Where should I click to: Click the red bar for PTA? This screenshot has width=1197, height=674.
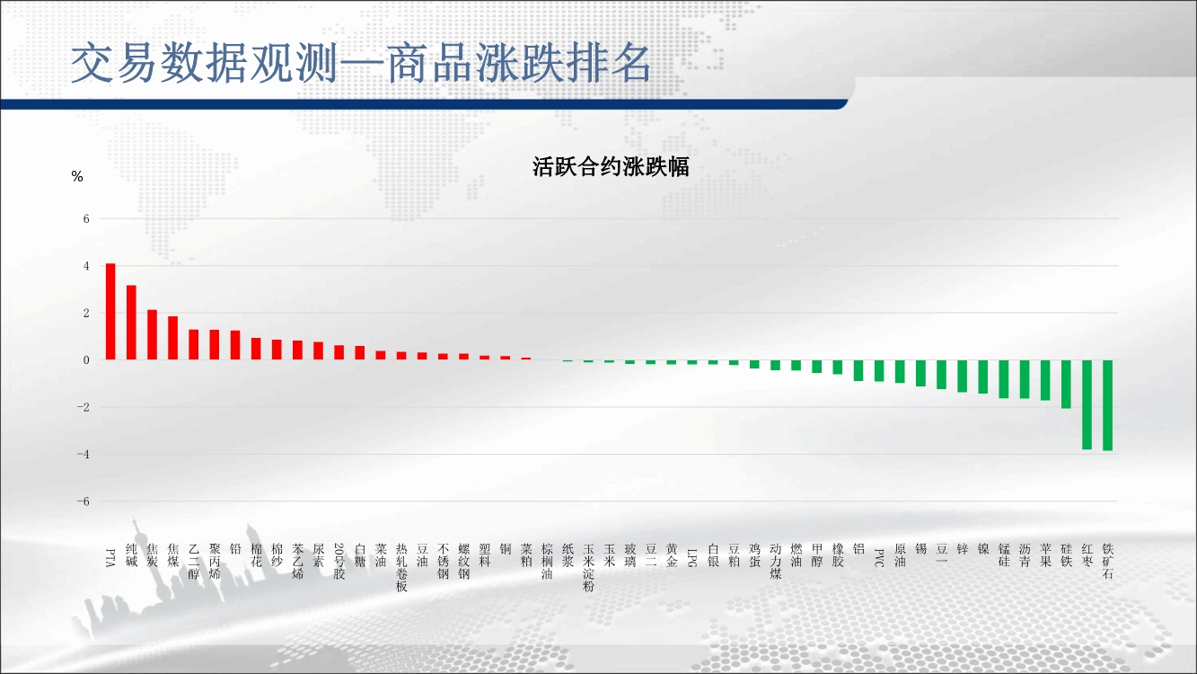(110, 311)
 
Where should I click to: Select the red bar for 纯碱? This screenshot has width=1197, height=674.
(131, 323)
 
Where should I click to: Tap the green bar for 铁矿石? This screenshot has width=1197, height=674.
(1108, 405)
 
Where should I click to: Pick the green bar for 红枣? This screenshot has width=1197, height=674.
(1087, 404)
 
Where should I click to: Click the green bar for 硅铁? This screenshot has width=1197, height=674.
(1066, 384)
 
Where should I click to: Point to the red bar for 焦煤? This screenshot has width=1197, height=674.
(172, 338)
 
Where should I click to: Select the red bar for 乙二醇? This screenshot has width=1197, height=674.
(193, 344)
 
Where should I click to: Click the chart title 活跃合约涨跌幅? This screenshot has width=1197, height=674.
(611, 167)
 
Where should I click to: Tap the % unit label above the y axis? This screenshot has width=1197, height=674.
(77, 176)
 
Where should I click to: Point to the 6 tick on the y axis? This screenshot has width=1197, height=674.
(86, 218)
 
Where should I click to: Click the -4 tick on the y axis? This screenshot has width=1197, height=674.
(83, 454)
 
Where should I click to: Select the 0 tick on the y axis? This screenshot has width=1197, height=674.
(86, 360)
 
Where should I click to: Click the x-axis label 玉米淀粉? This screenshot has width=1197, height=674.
(588, 568)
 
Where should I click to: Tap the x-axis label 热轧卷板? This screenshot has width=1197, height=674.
(401, 568)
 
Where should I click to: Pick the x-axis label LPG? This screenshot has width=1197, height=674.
(692, 557)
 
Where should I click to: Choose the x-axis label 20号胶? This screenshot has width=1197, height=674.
(339, 561)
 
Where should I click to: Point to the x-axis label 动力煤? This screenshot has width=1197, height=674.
(775, 561)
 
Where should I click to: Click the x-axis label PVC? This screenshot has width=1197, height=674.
(879, 557)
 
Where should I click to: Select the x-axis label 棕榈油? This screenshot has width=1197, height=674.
(547, 561)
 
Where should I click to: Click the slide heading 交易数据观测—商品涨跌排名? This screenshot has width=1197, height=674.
(361, 63)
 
